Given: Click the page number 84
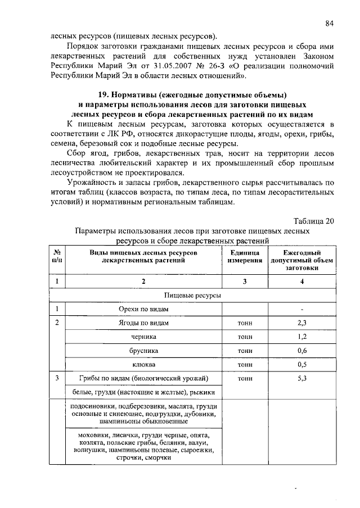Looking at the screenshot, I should [x=330, y=23].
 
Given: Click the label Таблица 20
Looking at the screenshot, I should [x=314, y=220].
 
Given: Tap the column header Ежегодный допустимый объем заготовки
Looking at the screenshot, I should [x=302, y=261].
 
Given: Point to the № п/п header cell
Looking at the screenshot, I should [x=57, y=257].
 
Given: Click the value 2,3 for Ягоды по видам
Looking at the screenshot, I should [x=302, y=323].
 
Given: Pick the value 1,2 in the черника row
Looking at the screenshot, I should [x=302, y=337].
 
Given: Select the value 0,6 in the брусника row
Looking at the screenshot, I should [x=302, y=350].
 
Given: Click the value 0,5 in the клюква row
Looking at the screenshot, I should [x=302, y=364].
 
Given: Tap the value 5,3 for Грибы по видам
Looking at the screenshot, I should [x=302, y=378].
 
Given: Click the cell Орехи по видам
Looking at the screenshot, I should [x=144, y=309].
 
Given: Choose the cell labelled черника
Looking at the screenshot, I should [x=144, y=337].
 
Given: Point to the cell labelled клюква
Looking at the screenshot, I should [x=144, y=364].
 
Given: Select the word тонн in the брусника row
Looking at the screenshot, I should [x=245, y=350].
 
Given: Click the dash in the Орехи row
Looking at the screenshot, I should [x=302, y=309].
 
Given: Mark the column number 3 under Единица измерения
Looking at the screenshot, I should [x=245, y=281].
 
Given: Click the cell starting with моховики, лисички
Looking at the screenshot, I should [x=144, y=447].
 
